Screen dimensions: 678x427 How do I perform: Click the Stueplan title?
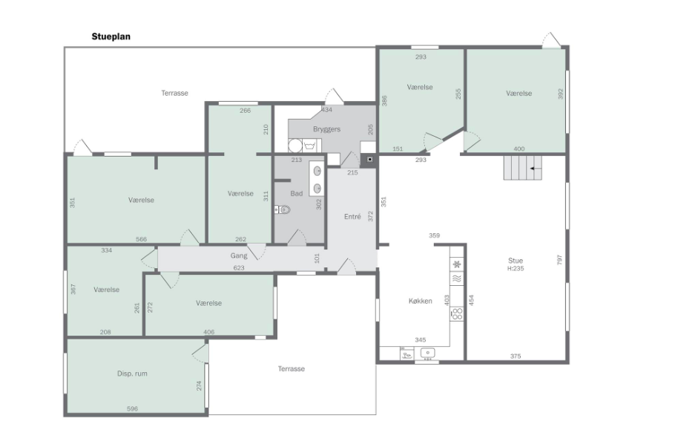pyautogui.click(x=111, y=36)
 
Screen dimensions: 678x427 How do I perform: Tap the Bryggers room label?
pyautogui.click(x=326, y=129)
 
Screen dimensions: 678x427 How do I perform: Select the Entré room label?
pyautogui.click(x=352, y=217)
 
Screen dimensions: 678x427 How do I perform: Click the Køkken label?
pyautogui.click(x=420, y=301)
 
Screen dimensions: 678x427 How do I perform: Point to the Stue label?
pyautogui.click(x=516, y=260)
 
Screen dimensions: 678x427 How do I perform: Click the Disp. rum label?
pyautogui.click(x=132, y=374)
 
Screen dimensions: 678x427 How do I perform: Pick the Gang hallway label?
pyautogui.click(x=239, y=256)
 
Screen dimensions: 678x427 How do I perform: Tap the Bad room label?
pyautogui.click(x=297, y=194)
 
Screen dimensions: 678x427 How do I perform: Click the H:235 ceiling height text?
pyautogui.click(x=516, y=269)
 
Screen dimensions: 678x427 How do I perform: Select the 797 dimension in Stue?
pyautogui.click(x=559, y=260)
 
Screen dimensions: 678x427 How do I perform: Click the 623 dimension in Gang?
pyautogui.click(x=239, y=267)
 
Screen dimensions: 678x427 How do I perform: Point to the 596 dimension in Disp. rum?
pyautogui.click(x=132, y=409)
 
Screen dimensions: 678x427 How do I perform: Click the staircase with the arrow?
pyautogui.click(x=522, y=168)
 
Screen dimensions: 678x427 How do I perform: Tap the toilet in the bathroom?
pyautogui.click(x=283, y=210)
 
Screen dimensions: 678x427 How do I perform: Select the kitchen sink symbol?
pyautogui.click(x=427, y=353)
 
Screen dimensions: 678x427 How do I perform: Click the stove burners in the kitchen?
pyautogui.click(x=457, y=313)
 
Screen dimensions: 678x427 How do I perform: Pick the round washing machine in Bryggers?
pyautogui.click(x=295, y=146)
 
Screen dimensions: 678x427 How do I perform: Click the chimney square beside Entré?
pyautogui.click(x=369, y=160)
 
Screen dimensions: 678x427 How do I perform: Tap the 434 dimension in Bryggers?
pyautogui.click(x=327, y=110)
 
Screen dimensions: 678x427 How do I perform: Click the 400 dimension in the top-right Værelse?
pyautogui.click(x=519, y=149)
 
